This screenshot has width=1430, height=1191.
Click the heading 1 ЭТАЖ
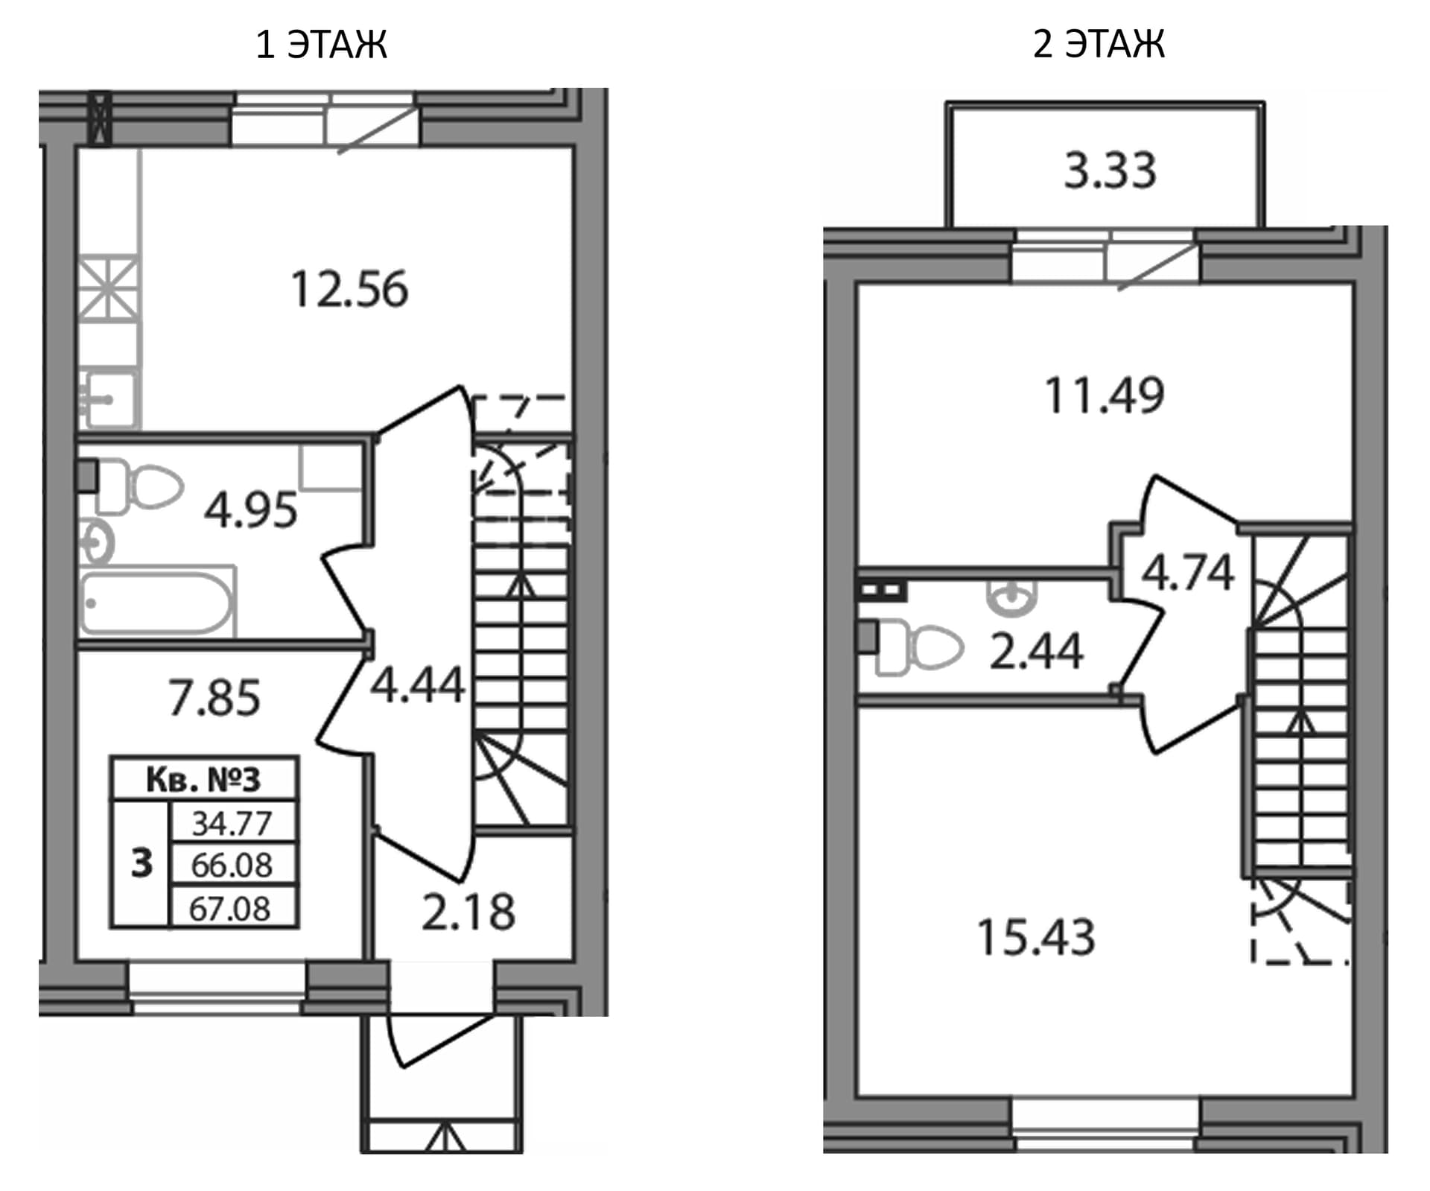coord(321,45)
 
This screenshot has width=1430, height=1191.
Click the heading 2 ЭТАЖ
coord(1099,44)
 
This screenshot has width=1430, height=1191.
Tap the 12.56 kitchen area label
coord(349,290)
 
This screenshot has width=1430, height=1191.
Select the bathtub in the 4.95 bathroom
coord(158,603)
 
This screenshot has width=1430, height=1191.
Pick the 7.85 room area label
coord(214,698)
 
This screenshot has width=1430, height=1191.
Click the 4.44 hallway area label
coord(418,685)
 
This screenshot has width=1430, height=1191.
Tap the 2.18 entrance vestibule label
coord(468,912)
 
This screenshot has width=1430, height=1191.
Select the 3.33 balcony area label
coord(1110,171)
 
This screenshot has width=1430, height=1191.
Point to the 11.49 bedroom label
coord(1105,395)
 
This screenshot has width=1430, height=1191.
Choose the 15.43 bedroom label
coord(1036,937)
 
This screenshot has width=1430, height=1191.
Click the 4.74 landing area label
coord(1188,573)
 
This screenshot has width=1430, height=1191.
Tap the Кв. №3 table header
coord(203,780)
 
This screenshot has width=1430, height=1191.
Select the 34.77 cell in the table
coord(233,823)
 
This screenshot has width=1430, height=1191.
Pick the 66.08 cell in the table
coord(233,865)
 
